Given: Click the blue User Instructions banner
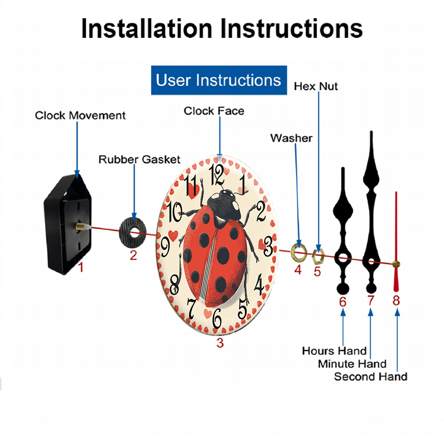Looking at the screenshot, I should point(218,80).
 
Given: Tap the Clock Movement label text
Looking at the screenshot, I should point(80,115).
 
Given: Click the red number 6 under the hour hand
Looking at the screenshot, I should point(342,302).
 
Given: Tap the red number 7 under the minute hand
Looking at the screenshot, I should point(371,301).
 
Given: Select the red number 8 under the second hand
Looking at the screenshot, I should point(396,301).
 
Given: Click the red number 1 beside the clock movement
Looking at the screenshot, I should point(80,267).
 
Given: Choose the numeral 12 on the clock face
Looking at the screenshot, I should point(217,174).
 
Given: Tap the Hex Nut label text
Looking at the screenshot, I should point(316,86).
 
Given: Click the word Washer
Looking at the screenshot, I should point(291,138).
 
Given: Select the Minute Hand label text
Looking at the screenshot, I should point(352,364).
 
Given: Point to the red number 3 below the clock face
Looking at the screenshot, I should point(220,342).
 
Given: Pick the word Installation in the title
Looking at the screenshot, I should point(147,28).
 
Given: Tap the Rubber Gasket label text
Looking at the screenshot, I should point(139,159).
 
